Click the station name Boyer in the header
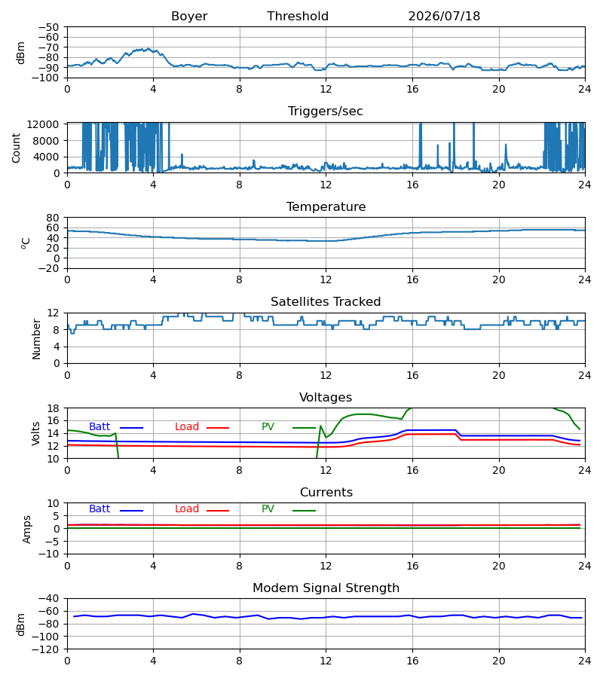(189, 17)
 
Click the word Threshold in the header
(298, 17)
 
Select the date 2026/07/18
(444, 17)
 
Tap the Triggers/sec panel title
(326, 111)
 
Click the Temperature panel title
(326, 206)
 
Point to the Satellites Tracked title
(326, 302)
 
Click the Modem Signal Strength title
(326, 588)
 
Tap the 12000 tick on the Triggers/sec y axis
(43, 124)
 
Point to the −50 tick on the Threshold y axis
(48, 27)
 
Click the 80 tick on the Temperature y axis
(53, 218)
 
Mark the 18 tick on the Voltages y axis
(53, 408)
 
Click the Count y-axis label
(16, 148)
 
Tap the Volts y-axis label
(35, 433)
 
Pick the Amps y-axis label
(27, 529)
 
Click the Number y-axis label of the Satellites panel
(36, 339)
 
